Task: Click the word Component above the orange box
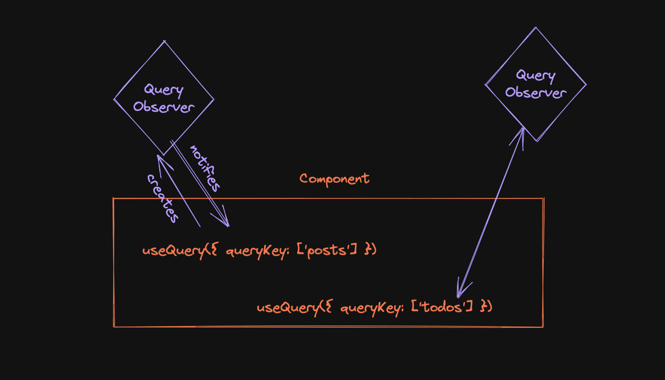[x=334, y=179]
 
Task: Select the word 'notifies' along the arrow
[x=205, y=168]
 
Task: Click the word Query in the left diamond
[x=163, y=90]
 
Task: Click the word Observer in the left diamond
[x=163, y=107]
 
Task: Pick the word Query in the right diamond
[x=535, y=75]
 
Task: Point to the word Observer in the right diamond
[x=535, y=92]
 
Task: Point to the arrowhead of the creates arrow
[x=160, y=159]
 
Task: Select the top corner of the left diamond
[x=164, y=42]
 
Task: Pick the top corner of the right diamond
[x=536, y=28]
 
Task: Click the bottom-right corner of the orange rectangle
[x=543, y=326]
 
